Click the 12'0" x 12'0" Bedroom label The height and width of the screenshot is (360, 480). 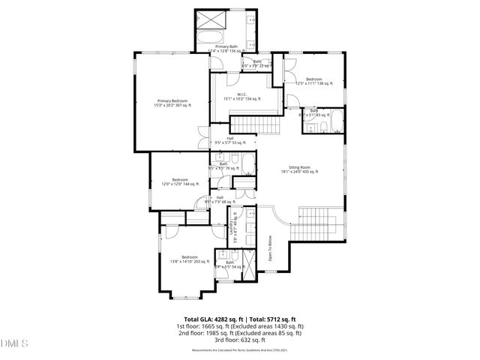(179, 181)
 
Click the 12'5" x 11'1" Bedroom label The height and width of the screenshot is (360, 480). (313, 81)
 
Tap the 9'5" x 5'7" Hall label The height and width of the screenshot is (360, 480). (229, 139)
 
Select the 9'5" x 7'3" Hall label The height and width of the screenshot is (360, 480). (220, 199)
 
